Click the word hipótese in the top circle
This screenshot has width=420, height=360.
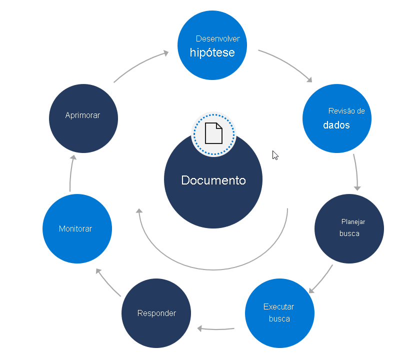[212, 52]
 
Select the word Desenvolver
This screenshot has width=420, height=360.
[217, 38]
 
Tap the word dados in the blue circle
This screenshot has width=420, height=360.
[336, 125]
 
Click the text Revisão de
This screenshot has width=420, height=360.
[346, 111]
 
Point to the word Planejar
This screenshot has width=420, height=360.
[353, 221]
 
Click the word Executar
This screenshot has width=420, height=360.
[278, 306]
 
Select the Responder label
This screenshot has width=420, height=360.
[156, 313]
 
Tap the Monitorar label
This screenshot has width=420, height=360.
[75, 228]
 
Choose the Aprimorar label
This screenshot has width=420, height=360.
[82, 115]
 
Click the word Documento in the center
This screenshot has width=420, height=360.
[213, 180]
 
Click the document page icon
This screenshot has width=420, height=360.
[213, 133]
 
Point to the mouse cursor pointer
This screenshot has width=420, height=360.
[274, 155]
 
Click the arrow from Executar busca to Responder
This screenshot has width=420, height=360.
[216, 328]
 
